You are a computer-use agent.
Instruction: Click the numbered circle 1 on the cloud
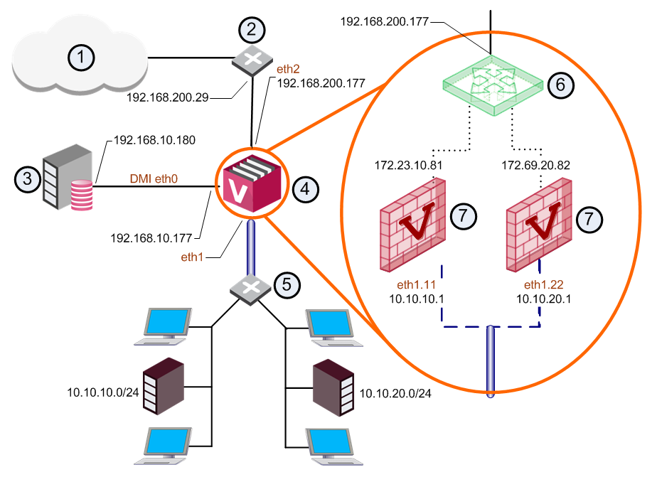[x=81, y=57]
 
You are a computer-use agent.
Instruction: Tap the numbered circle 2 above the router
[x=252, y=30]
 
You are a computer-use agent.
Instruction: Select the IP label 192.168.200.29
[x=167, y=97]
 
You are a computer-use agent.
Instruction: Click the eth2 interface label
[x=288, y=69]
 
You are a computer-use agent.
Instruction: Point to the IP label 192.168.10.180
[x=154, y=140]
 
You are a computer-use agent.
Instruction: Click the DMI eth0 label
[x=154, y=179]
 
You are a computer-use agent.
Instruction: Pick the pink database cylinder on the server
[x=82, y=195]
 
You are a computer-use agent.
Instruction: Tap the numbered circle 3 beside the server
[x=27, y=179]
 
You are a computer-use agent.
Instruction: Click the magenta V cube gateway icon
[x=252, y=183]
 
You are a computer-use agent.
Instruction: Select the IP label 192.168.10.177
[x=151, y=238]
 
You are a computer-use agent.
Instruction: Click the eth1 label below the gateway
[x=192, y=257]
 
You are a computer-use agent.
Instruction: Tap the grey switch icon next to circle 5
[x=250, y=289]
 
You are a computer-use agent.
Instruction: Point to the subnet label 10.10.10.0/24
[x=102, y=392]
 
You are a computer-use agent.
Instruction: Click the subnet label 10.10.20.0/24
[x=395, y=393]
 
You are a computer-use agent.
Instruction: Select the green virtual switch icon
[x=493, y=85]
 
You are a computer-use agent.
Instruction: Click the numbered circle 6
[x=560, y=85]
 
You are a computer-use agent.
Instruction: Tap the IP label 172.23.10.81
[x=408, y=166]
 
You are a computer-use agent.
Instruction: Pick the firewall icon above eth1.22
[x=539, y=225]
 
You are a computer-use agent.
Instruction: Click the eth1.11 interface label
[x=416, y=285]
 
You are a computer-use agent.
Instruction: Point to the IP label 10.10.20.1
[x=543, y=299]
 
